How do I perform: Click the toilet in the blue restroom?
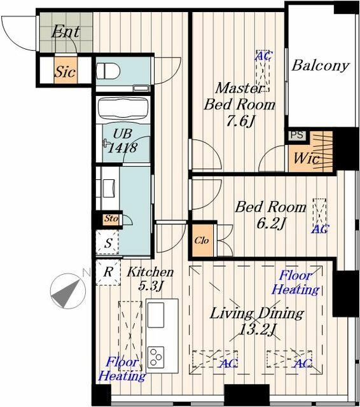pos(108,71)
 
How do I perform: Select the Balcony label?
pos(321,66)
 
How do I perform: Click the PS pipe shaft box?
pos(297,135)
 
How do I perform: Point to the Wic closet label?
pos(307,158)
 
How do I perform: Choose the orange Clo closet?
pos(202,241)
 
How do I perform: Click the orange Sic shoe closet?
pos(66,71)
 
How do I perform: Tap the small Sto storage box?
pos(111,219)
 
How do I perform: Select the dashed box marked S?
pos(107,242)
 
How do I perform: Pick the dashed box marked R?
pos(108,273)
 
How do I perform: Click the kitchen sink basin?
pos(155,315)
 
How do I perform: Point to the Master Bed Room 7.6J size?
pos(240,121)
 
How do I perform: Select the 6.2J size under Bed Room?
pos(271,223)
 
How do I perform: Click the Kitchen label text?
pos(150,272)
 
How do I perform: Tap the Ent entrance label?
pos(65,32)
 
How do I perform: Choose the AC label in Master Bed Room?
pos(264,55)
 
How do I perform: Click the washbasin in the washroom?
pos(109,188)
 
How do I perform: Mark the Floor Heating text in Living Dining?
pos(295,282)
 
